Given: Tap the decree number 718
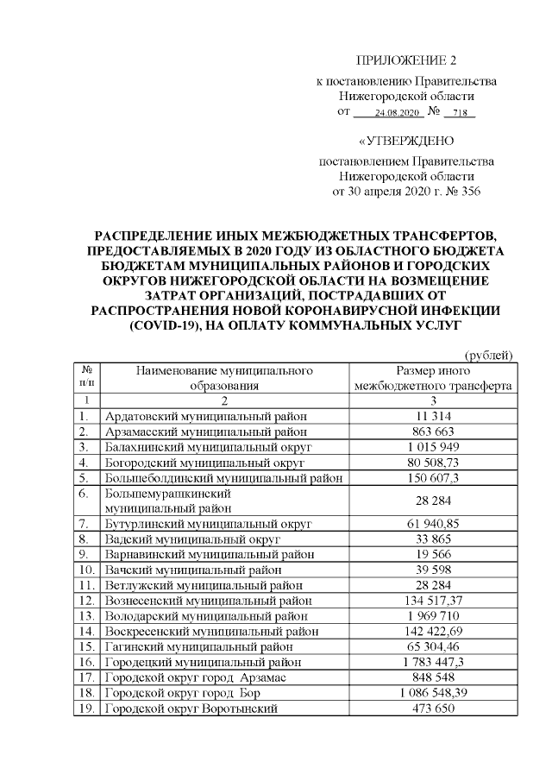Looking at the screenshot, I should tap(459, 113).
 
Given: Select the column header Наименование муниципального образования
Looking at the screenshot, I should tap(223, 378).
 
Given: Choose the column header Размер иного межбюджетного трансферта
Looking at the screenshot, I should tap(434, 378).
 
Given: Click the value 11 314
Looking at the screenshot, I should tap(434, 416).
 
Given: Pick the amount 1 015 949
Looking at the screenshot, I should tap(434, 447).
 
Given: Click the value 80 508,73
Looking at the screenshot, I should tap(434, 463).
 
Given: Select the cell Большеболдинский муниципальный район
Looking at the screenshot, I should tap(223, 477).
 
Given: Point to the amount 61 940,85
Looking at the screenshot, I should tap(434, 524).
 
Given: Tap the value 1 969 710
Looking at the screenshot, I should tap(434, 616).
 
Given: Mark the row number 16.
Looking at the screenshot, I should tap(85, 662).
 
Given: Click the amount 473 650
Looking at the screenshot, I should tap(434, 709).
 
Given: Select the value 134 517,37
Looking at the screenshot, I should tap(434, 601).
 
